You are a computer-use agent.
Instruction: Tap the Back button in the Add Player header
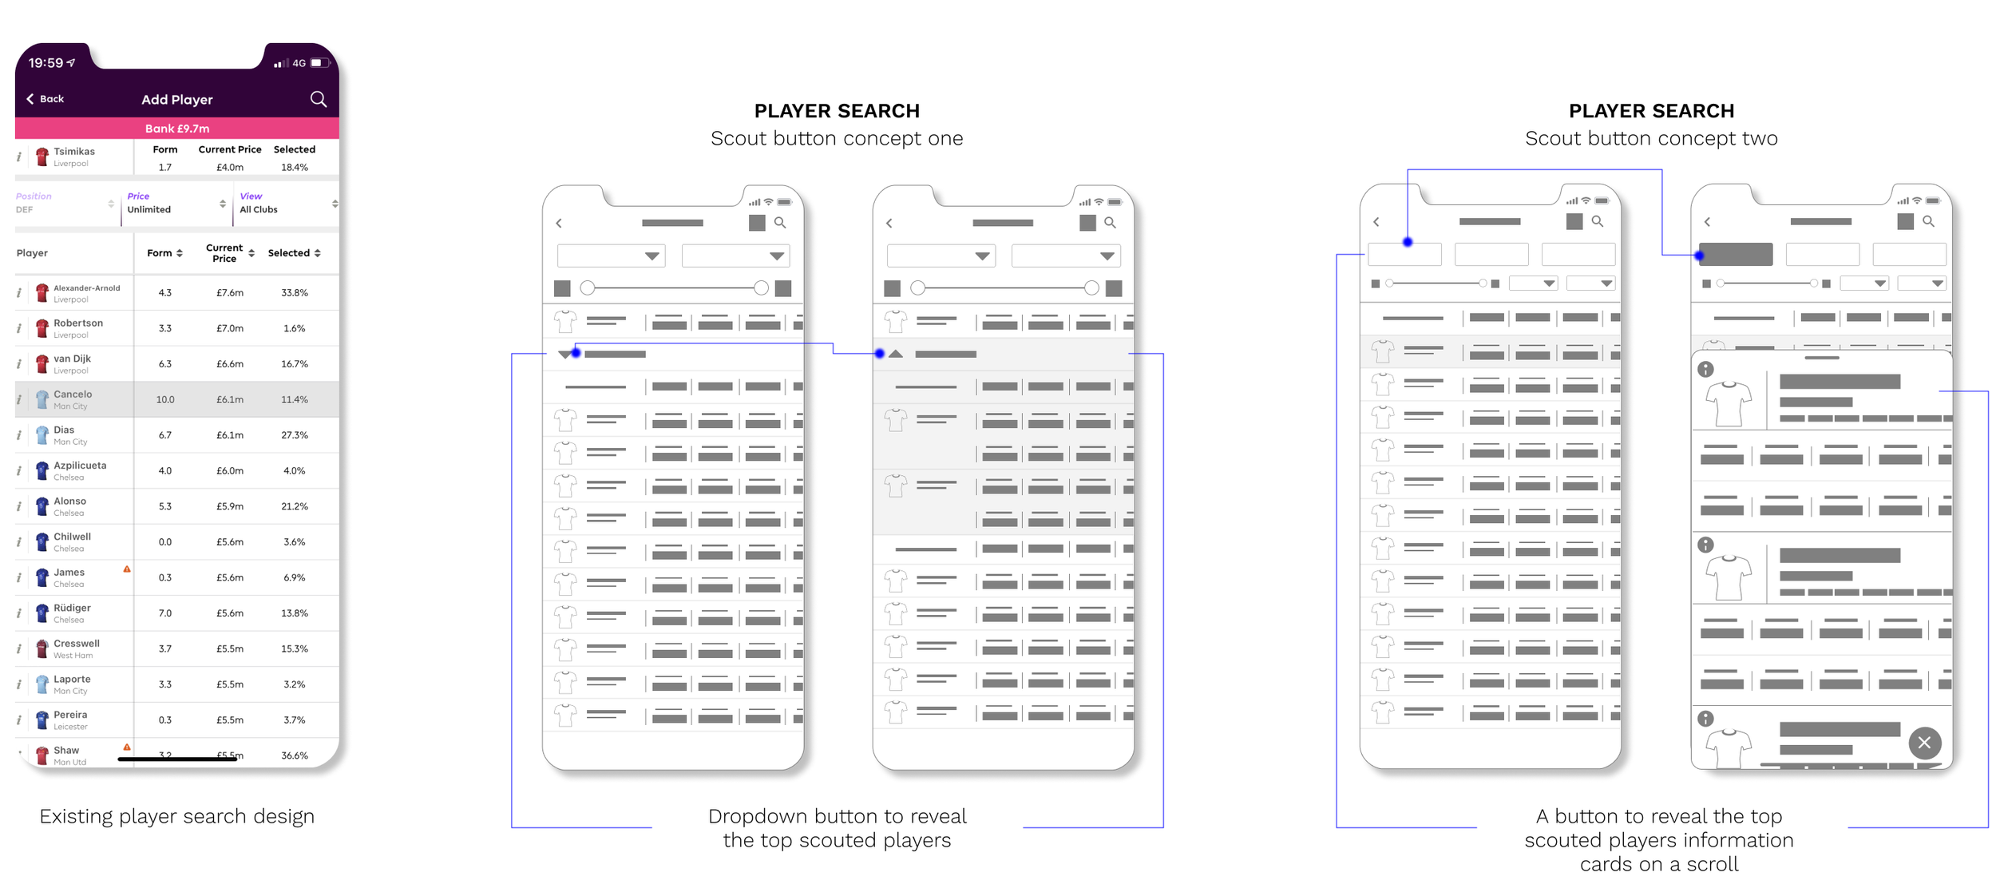(46, 99)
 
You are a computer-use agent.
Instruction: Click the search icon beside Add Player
(318, 99)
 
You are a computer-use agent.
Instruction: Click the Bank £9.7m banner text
(177, 129)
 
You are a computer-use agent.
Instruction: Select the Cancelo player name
(73, 394)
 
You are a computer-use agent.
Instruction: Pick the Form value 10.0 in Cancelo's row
(164, 399)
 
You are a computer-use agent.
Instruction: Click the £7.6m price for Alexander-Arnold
(230, 293)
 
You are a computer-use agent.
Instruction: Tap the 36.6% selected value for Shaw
(294, 755)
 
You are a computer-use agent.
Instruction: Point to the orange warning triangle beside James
(127, 569)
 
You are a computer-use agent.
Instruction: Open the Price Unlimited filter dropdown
(176, 204)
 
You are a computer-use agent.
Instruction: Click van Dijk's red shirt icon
(42, 364)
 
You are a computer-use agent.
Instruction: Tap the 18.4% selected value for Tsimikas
(294, 168)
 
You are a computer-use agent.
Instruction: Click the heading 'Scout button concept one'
(836, 138)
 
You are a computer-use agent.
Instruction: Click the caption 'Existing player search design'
(176, 816)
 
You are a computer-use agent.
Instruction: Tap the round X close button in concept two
(1924, 743)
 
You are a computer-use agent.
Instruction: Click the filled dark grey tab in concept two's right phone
(1736, 255)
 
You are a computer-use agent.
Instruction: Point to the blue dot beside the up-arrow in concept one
(879, 354)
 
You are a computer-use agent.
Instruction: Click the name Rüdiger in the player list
(72, 609)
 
